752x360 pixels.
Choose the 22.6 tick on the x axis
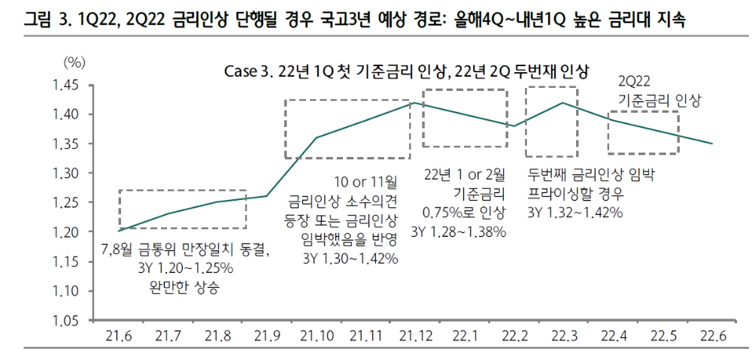(711, 335)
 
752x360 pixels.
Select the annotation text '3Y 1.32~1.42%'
(575, 213)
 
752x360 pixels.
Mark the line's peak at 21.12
(413, 102)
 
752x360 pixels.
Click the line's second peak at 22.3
(562, 102)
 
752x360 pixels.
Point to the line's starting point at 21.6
(118, 231)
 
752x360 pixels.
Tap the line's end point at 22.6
(711, 144)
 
